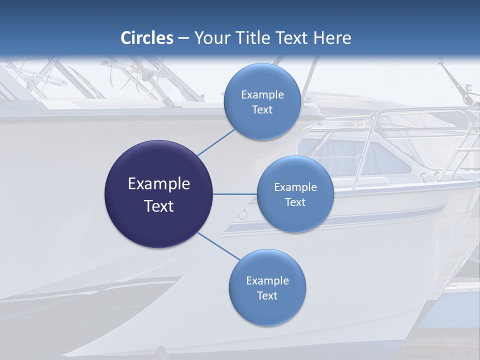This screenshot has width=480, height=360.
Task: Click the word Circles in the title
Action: (x=147, y=38)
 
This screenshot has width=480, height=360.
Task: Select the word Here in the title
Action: (x=332, y=38)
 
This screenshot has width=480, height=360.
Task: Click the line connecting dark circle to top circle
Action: (x=216, y=141)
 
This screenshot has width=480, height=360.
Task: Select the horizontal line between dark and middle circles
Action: (x=234, y=194)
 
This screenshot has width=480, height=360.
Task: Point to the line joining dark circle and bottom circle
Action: (x=218, y=245)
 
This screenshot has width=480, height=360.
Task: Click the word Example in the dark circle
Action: (x=159, y=184)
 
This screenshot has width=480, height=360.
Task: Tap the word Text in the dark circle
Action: (x=159, y=206)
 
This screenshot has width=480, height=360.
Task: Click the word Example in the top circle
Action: (x=262, y=94)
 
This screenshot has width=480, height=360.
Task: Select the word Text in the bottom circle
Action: (x=267, y=295)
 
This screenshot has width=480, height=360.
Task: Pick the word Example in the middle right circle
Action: (x=295, y=187)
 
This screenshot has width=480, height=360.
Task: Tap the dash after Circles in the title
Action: (x=183, y=38)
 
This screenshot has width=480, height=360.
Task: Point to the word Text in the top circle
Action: (x=262, y=109)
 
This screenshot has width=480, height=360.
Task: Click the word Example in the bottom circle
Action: (x=267, y=280)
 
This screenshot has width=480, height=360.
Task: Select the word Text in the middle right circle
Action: (x=295, y=202)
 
